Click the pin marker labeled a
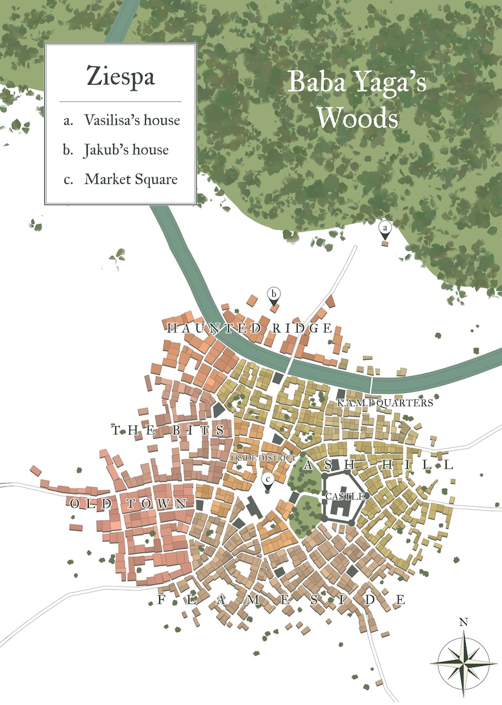[x=385, y=229]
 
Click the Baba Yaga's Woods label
[x=357, y=100]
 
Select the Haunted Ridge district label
[x=249, y=328]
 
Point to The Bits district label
[x=168, y=431]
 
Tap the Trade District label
[x=263, y=459]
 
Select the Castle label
[x=340, y=496]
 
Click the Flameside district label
[x=281, y=600]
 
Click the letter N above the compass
[x=464, y=623]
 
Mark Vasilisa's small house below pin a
[x=385, y=243]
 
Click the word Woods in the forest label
[x=357, y=118]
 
